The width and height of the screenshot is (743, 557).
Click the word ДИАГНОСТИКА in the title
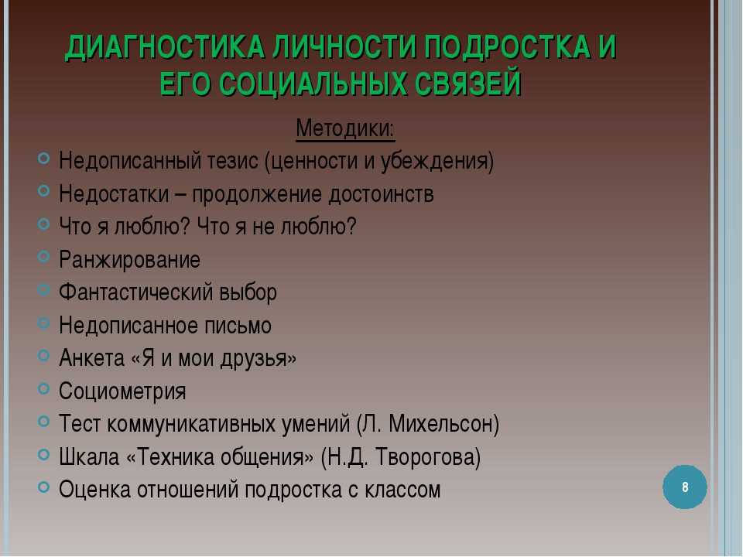point(165,47)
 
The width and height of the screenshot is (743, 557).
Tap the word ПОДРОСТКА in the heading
point(508,47)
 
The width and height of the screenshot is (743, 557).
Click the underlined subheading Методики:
point(345,128)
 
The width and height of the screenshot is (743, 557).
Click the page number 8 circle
point(685,487)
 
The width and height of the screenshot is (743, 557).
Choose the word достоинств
point(381,194)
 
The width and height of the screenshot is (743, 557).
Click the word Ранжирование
point(129,260)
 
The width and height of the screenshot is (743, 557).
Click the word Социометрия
point(122,391)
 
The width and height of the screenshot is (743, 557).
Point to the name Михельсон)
point(443,423)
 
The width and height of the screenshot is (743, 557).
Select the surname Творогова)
point(428,457)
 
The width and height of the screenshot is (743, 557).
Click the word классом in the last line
point(402,490)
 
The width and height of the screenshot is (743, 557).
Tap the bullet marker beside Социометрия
point(43,389)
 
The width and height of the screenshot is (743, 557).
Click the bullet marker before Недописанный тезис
point(43,158)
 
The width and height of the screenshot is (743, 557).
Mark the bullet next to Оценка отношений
point(43,487)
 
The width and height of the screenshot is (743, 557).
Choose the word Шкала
point(89,457)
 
